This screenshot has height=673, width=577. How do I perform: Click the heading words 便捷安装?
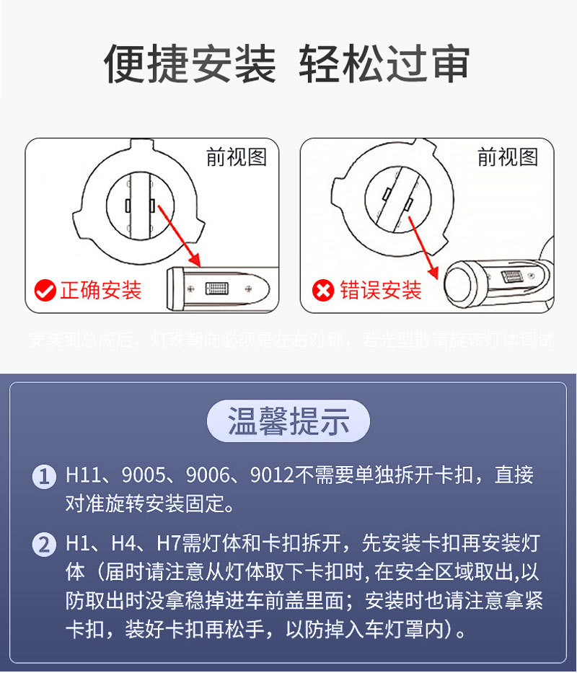point(190,64)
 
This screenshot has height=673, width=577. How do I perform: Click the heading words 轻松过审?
point(384,64)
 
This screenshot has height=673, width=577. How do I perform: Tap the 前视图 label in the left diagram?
point(237,157)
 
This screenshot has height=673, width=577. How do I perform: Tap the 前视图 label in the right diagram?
point(508,157)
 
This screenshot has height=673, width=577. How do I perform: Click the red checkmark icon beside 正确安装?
point(45,291)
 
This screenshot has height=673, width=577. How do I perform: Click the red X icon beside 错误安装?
point(323,291)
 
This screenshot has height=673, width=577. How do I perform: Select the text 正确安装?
point(100,291)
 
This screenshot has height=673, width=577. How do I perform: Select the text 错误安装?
point(380,291)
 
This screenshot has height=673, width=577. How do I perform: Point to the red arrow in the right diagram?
point(424,245)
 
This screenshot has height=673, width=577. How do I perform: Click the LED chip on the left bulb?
point(216,289)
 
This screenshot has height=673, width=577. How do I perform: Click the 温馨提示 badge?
point(288,421)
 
